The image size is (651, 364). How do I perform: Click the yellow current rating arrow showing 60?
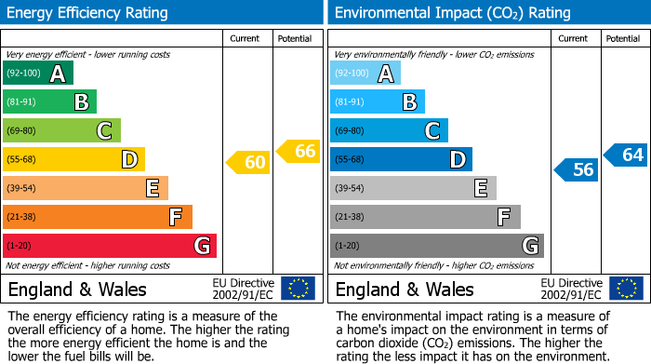248,163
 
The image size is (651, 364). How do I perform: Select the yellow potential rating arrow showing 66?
299,151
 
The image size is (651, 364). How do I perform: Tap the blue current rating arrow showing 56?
576,169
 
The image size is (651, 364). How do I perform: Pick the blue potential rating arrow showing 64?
626,155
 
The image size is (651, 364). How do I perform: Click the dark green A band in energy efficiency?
38,74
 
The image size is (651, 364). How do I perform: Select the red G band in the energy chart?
110,246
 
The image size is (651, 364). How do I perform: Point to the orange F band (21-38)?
98,217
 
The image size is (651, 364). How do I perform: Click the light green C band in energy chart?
61,131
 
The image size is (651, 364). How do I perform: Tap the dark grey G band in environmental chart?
436,246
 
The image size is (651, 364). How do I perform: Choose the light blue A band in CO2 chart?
365,74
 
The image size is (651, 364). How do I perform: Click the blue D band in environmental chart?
401,160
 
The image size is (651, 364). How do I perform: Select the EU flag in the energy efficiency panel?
298,289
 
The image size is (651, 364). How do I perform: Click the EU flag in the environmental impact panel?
626,289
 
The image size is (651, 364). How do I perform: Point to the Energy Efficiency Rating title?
88,13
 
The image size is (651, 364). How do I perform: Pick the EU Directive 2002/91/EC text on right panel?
572,289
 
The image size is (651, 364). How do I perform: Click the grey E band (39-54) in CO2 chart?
413,188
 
